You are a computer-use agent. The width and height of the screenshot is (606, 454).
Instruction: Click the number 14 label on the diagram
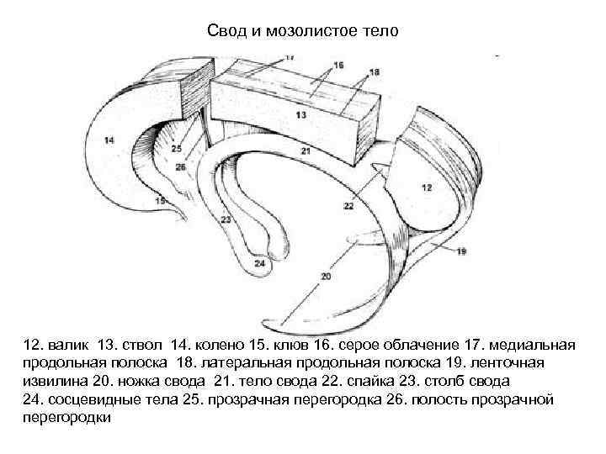point(109,140)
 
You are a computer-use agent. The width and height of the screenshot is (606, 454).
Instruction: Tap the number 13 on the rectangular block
point(300,113)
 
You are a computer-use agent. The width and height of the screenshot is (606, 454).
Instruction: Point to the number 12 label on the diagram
point(427,187)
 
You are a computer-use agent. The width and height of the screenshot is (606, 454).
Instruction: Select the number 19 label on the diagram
point(461,251)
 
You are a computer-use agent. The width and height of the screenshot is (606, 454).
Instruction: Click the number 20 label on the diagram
point(326,276)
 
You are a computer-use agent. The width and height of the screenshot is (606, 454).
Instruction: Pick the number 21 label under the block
point(305,151)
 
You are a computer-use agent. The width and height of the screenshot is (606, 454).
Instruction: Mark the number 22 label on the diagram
point(348,206)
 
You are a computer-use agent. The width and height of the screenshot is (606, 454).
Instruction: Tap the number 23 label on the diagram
point(225,219)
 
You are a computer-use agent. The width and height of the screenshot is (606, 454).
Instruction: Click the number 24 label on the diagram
point(258,264)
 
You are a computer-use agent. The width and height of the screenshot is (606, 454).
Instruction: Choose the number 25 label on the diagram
point(176,149)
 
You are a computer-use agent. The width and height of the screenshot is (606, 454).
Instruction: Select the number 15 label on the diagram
point(160,201)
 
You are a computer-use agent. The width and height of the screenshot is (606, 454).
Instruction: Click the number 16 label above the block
point(338,65)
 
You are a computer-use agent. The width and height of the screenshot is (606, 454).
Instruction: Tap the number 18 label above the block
point(374,72)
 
